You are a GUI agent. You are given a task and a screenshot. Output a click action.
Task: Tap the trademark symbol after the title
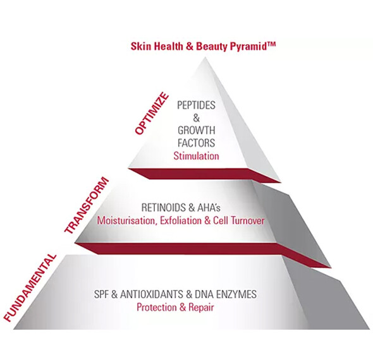271,44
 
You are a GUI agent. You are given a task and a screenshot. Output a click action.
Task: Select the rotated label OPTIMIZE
152,114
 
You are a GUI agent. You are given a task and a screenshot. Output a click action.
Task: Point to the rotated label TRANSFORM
87,205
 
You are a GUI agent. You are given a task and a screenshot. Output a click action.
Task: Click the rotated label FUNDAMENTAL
30,287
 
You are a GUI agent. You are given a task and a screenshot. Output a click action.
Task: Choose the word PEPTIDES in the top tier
196,105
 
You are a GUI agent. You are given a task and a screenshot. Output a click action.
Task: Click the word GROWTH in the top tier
196,131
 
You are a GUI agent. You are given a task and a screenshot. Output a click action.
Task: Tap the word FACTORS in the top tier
196,143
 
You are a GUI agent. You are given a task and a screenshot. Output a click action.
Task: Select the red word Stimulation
196,156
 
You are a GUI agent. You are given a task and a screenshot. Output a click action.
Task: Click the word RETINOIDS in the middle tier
164,208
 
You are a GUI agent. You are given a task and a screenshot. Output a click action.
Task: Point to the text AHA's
209,208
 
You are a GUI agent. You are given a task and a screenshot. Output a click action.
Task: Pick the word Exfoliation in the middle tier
181,220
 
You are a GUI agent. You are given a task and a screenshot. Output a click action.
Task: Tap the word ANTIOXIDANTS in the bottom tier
152,294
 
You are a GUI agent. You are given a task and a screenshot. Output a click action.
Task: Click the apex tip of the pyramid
204,57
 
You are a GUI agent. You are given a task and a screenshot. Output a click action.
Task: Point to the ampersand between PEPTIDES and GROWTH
196,118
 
